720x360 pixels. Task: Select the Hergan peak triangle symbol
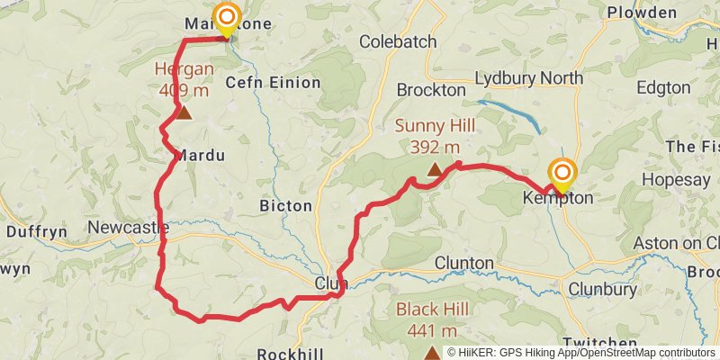[184, 112]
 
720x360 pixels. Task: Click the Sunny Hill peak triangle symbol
[434, 168]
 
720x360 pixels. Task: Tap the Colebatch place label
[398, 41]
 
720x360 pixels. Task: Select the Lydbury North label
[528, 78]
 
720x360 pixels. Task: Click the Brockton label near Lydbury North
[431, 90]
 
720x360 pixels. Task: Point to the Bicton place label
[285, 206]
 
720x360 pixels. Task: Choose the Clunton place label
[464, 263]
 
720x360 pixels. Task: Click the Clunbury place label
[602, 289]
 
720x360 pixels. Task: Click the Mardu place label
[200, 155]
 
